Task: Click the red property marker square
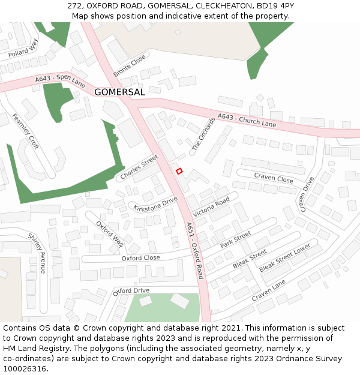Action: tap(179, 171)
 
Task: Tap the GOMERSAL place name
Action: tap(119, 92)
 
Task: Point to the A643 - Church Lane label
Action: tap(247, 120)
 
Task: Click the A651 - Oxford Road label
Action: tap(194, 251)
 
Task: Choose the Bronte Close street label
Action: tap(129, 67)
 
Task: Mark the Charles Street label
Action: tap(139, 167)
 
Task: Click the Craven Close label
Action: tap(273, 178)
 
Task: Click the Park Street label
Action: tap(235, 241)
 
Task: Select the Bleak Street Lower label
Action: tap(285, 258)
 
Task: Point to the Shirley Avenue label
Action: tap(37, 253)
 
